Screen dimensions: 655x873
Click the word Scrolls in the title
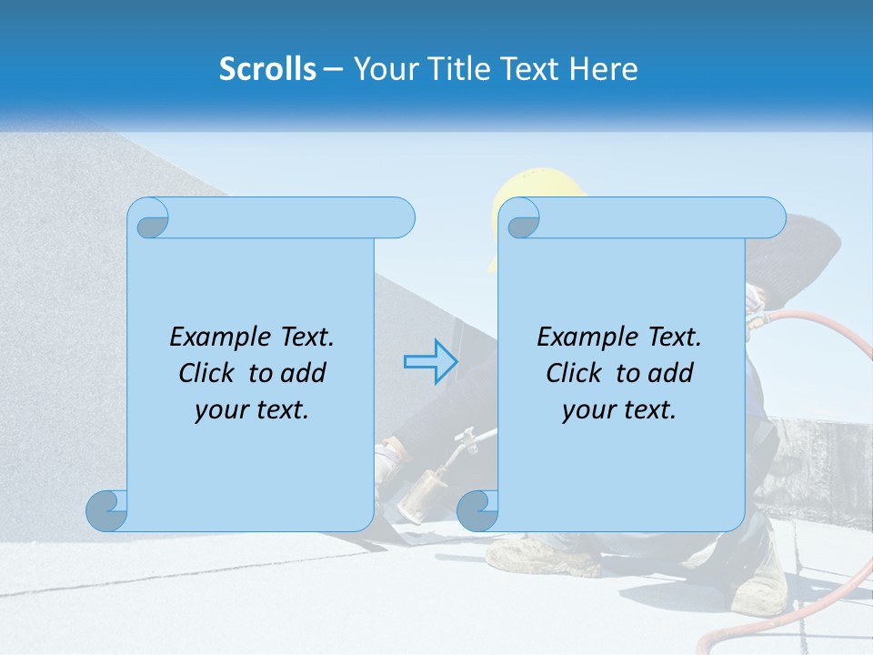(x=267, y=68)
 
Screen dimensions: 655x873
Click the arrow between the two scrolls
(x=429, y=362)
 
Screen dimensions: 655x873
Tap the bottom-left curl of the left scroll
(x=106, y=510)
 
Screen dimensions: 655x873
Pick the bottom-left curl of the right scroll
(x=477, y=510)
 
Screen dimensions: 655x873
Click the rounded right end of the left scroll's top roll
(x=400, y=218)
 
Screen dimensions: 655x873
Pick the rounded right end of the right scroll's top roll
(x=771, y=218)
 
